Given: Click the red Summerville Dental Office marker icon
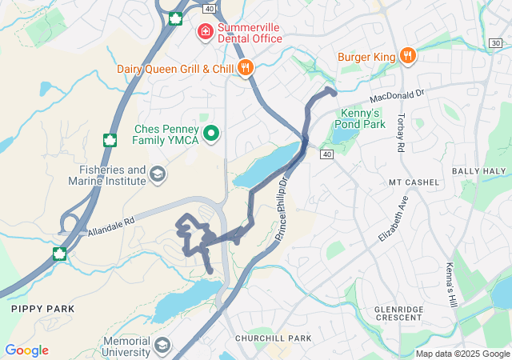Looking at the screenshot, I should pyautogui.click(x=206, y=31).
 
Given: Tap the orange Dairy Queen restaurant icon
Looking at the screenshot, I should pyautogui.click(x=246, y=69).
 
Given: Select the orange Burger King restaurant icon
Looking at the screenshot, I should pyautogui.click(x=408, y=55).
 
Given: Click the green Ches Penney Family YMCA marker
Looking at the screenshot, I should pyautogui.click(x=211, y=133).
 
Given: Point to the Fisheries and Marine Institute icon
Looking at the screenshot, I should pyautogui.click(x=158, y=174).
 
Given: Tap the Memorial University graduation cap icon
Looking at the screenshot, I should pyautogui.click(x=162, y=346).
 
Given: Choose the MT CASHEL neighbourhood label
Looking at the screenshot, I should pyautogui.click(x=414, y=182).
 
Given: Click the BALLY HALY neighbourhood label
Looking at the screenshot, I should pyautogui.click(x=479, y=171).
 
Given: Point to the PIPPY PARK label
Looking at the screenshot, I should pyautogui.click(x=42, y=308).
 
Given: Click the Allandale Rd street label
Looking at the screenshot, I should pyautogui.click(x=109, y=226).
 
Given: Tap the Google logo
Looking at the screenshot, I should pyautogui.click(x=26, y=350).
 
